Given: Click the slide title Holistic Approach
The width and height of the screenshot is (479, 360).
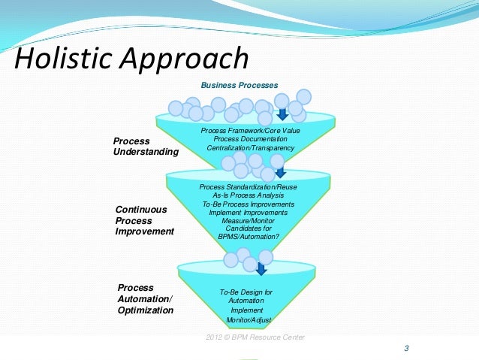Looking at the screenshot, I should coord(132,59).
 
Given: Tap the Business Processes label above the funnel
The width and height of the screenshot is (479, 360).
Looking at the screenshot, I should coord(238,84).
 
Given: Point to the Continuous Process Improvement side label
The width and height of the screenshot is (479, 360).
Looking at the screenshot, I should coord(144,220).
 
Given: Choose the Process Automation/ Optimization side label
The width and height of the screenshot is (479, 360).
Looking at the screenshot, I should coord(145,298).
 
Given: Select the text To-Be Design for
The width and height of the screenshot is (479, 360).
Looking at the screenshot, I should coord(246,292).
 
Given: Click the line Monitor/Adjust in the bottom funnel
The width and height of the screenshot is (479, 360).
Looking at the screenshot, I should coord(247,319).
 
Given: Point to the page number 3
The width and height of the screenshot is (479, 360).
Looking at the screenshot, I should coord(406,348).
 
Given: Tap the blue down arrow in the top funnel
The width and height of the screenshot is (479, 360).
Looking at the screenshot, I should coord(282,114).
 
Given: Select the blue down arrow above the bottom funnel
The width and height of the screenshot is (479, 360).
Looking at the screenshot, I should coord(261,269).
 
